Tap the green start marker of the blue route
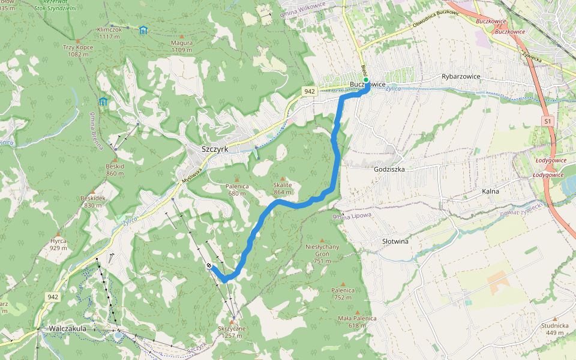point(366,79)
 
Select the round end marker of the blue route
point(209,266)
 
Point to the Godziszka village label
point(389,170)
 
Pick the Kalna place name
point(491,191)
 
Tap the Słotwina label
point(395,241)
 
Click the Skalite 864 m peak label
point(282,189)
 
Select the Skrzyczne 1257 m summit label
point(232,332)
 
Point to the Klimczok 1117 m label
point(109,32)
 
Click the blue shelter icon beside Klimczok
point(143,30)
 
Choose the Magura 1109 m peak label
point(181,46)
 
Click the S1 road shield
point(547,121)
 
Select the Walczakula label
point(68,328)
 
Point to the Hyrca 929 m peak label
point(58,244)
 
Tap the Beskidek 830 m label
point(92,201)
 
